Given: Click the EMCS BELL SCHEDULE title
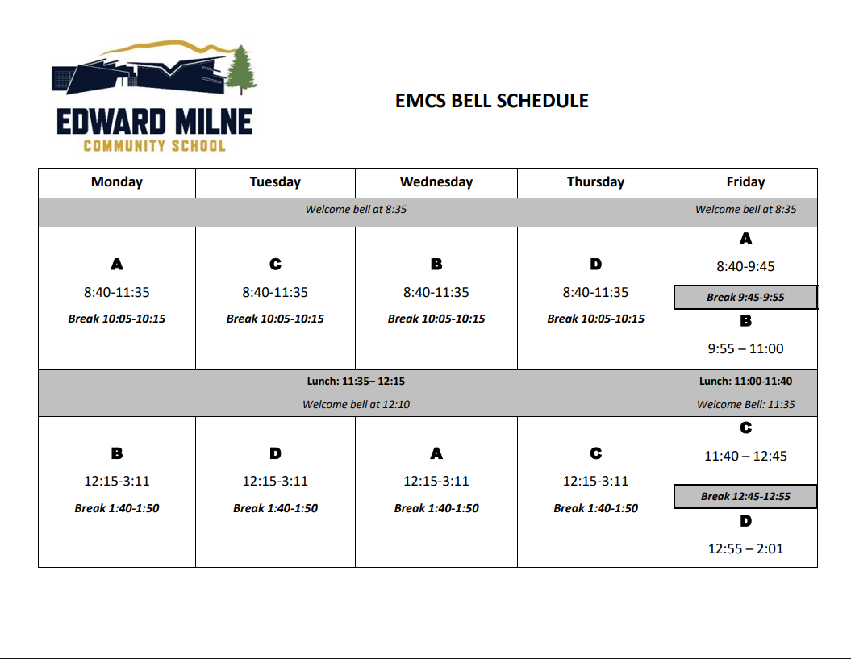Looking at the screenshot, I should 492,101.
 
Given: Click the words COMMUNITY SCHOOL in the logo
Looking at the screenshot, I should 154,146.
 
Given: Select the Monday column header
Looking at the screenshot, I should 117,182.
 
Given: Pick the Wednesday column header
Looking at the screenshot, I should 436,182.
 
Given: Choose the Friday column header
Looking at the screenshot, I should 745,182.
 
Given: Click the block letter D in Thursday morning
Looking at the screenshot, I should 595,265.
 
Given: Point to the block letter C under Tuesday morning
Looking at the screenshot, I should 275,265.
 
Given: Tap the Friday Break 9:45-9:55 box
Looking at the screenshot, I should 745,297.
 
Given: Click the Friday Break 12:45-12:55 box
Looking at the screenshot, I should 745,496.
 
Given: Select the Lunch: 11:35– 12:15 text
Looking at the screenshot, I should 356,381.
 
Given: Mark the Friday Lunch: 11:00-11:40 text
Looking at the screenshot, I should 745,381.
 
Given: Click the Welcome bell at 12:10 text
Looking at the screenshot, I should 356,404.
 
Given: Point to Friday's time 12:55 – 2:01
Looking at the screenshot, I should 745,548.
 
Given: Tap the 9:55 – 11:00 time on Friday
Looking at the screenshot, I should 745,348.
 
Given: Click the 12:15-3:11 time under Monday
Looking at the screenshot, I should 117,481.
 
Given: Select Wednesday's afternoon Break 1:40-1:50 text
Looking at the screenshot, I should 436,508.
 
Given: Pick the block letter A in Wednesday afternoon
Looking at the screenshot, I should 436,454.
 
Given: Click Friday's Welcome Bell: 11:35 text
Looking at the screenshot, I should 745,404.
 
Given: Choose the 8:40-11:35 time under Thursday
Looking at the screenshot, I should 595,292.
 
